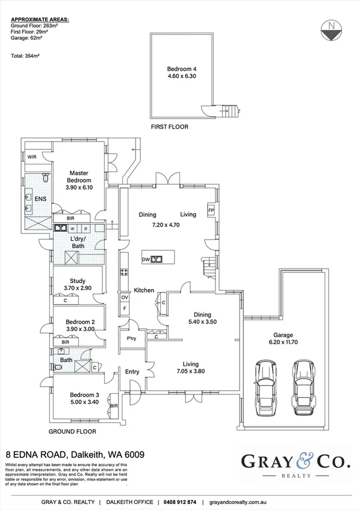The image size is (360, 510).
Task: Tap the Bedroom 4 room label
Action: pos(181,69)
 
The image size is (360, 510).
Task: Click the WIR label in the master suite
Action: pos(33,157)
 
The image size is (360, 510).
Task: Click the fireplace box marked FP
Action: pos(211,210)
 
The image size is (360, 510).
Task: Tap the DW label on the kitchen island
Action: pos(146,260)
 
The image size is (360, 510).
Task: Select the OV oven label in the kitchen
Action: pos(125,297)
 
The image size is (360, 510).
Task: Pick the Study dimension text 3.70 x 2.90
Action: pos(76,288)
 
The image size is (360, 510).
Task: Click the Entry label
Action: pos(132,372)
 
